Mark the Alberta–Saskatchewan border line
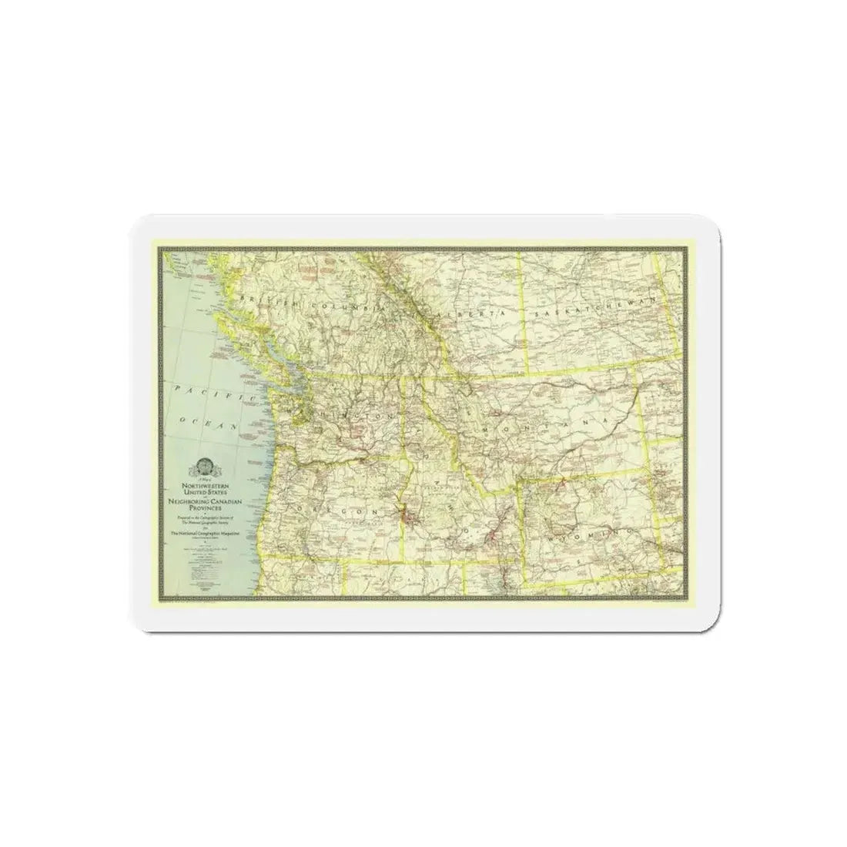point(525,316)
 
